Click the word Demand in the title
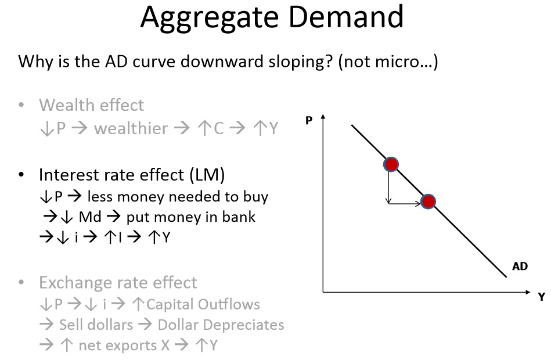pos(346,16)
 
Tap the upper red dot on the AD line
pos(391,164)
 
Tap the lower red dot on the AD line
pos(428,201)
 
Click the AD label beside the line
pos(520,266)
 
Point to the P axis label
pos(309,120)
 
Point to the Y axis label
pos(542,297)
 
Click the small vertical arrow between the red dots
pos(388,187)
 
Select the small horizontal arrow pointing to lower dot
pos(405,203)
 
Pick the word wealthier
pos(131,128)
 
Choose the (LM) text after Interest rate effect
pos(207,175)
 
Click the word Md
pos(90,217)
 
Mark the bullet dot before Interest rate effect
pos(21,175)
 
